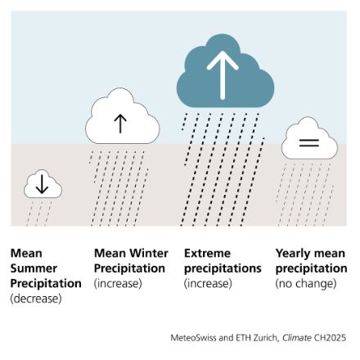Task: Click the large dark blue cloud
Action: (x=215, y=78)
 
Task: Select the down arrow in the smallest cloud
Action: (x=43, y=186)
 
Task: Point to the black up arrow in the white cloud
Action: (x=120, y=124)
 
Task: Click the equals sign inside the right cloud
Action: (x=308, y=142)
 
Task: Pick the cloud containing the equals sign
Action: (x=308, y=140)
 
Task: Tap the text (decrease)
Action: (x=35, y=299)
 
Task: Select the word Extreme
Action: (x=207, y=254)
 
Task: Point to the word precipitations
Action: (x=223, y=268)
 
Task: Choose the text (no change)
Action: (x=305, y=284)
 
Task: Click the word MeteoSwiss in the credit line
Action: (x=195, y=336)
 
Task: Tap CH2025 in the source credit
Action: (x=331, y=336)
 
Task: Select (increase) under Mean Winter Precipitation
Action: (x=118, y=284)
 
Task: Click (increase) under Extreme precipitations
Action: (x=208, y=284)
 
